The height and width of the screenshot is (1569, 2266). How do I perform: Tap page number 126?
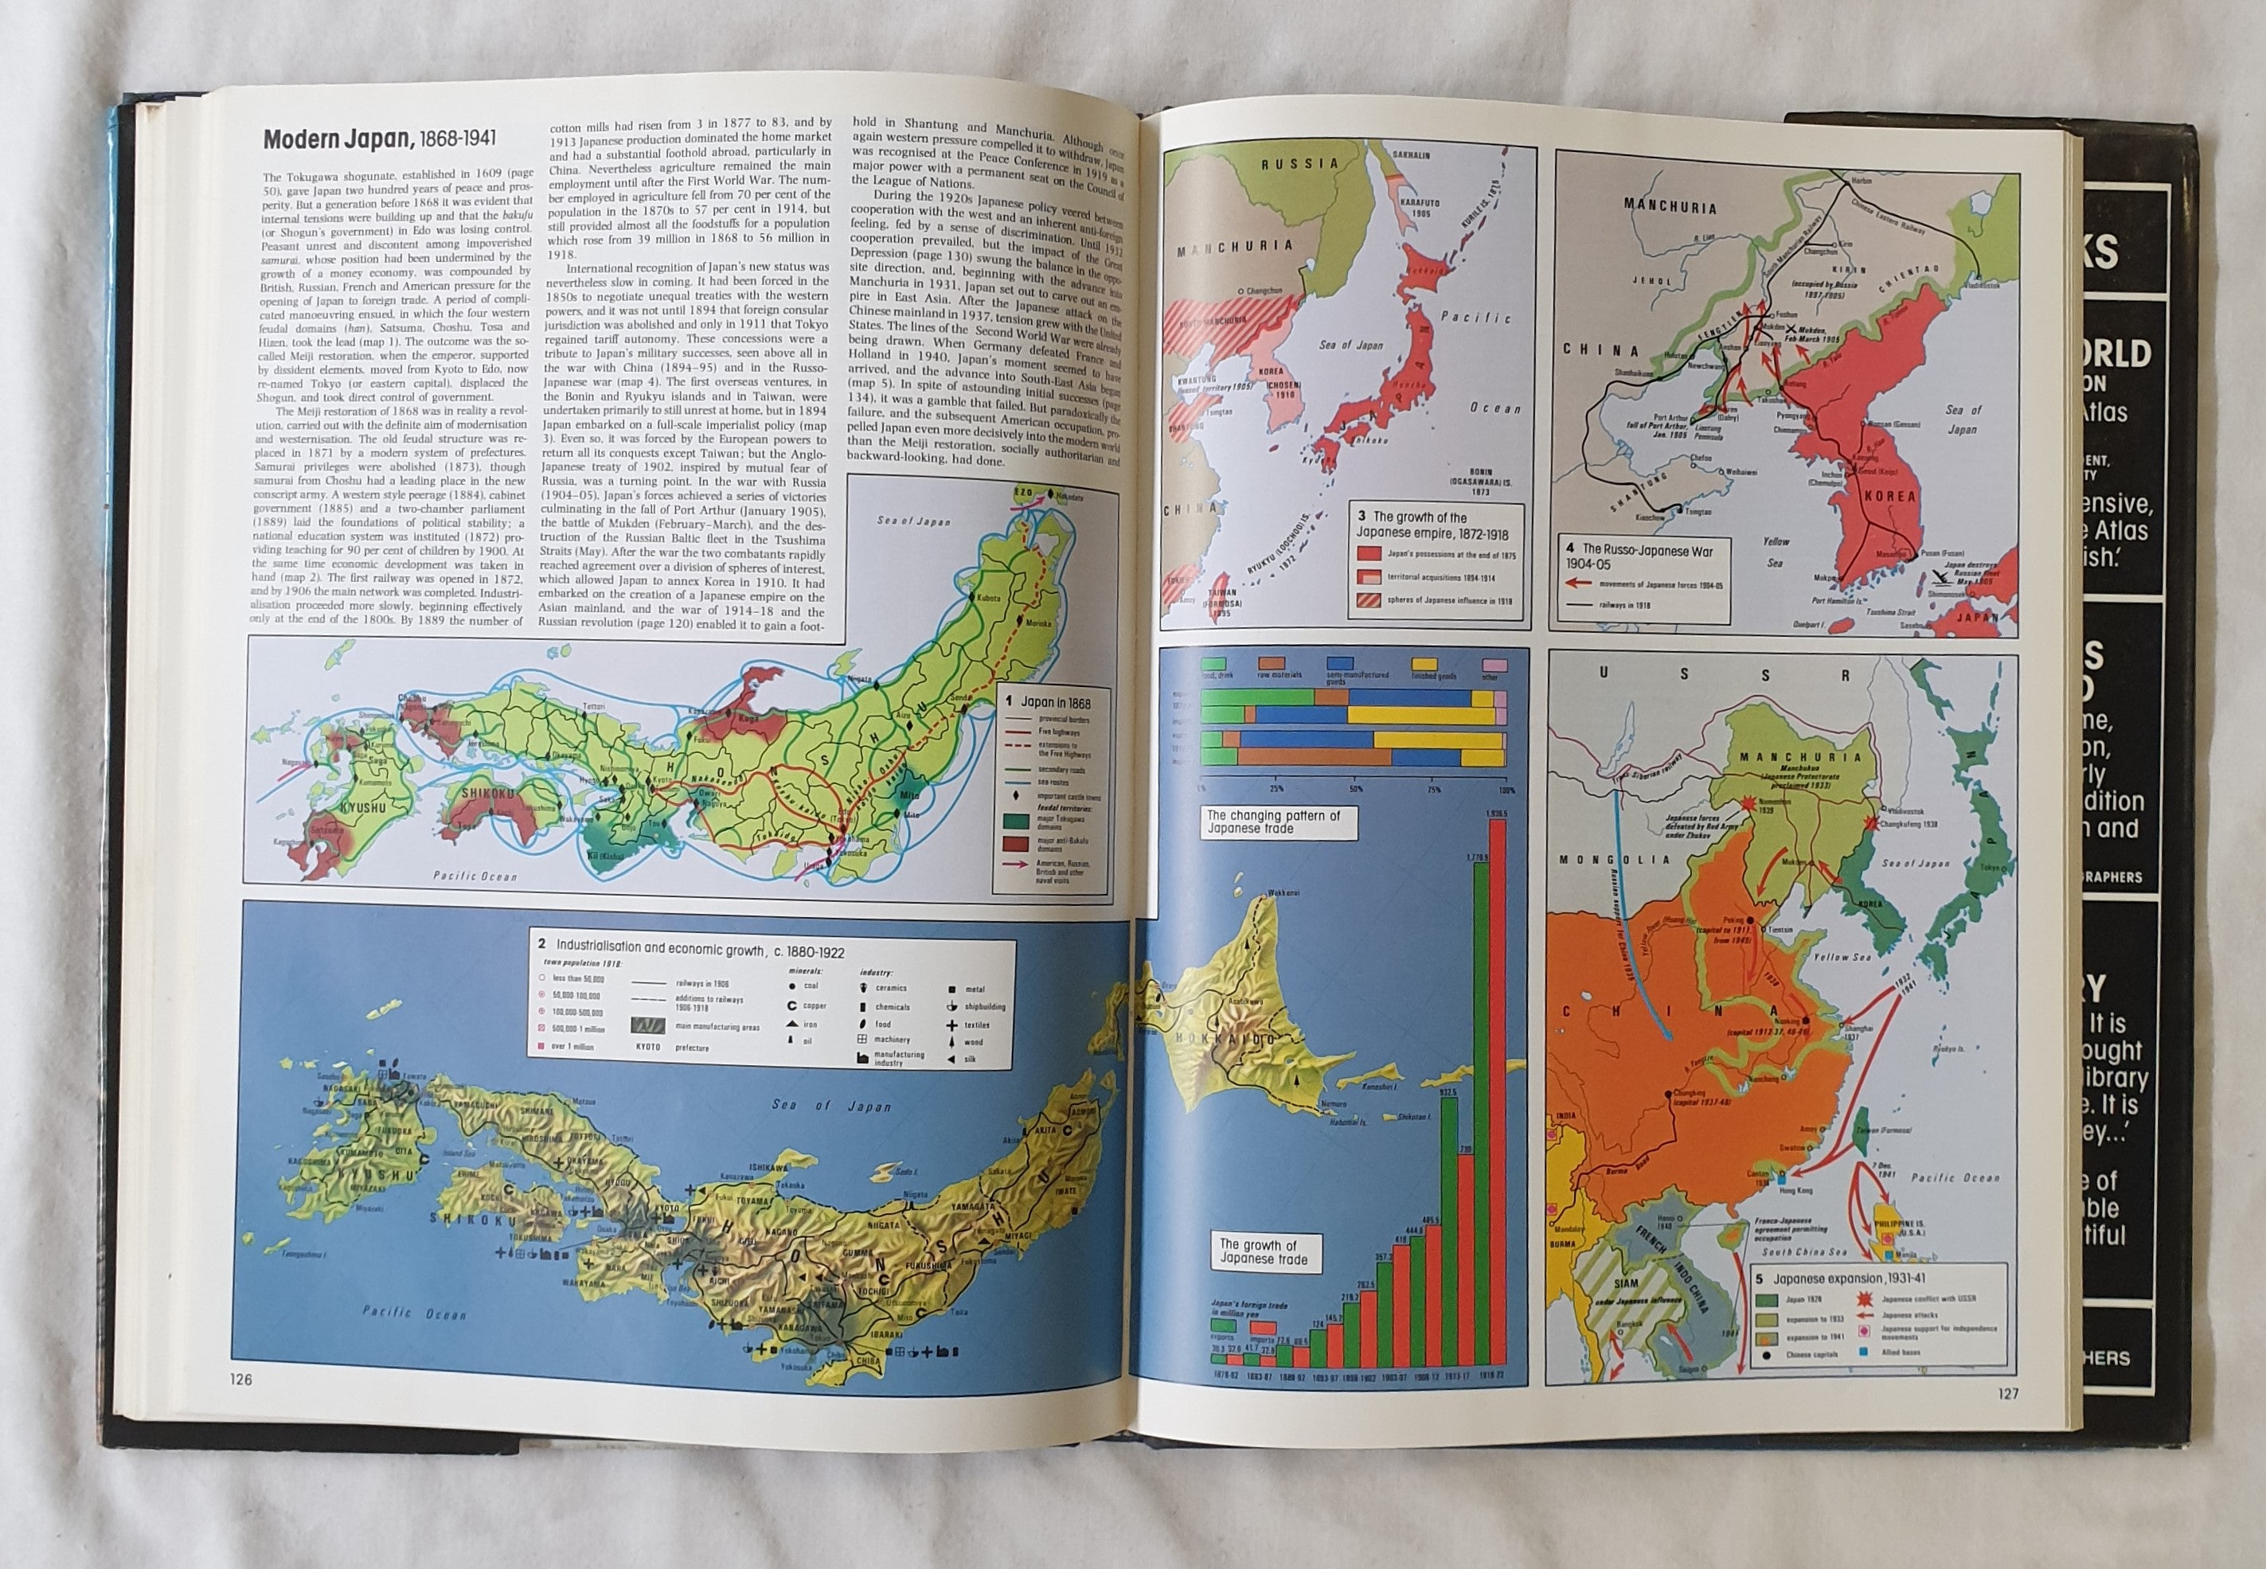click(241, 1380)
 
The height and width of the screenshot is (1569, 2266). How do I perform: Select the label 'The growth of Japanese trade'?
click(1262, 1251)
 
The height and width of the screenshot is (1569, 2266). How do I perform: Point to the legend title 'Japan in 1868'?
click(1051, 703)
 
